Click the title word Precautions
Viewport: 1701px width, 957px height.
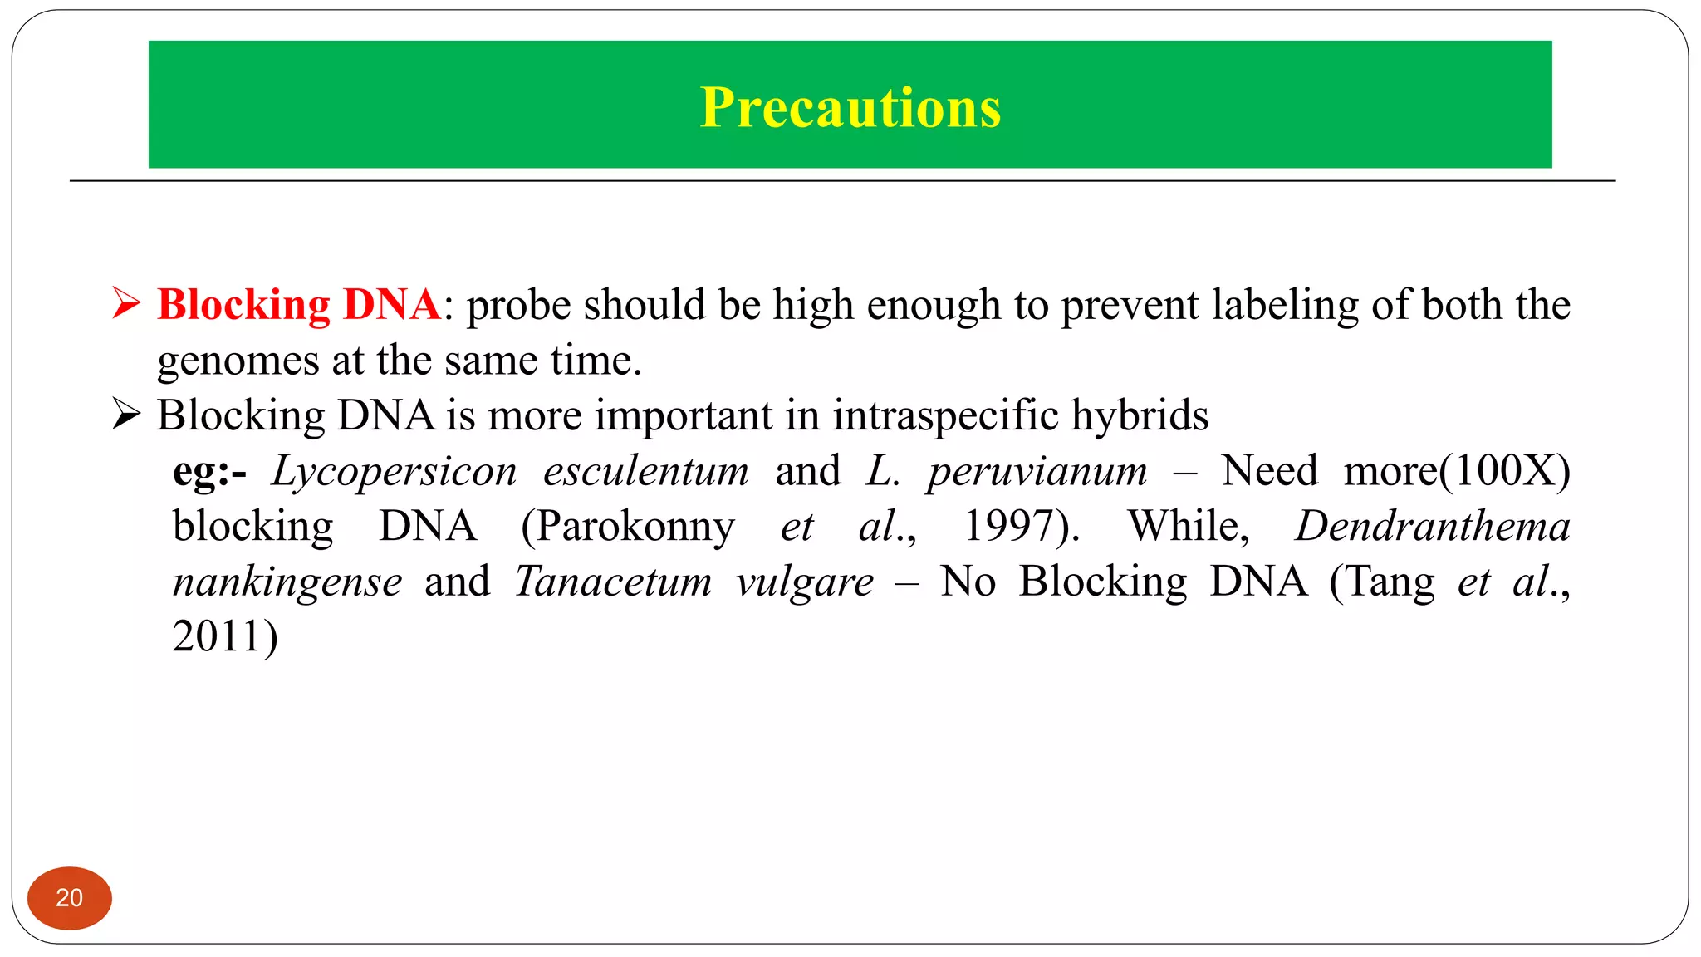click(x=850, y=107)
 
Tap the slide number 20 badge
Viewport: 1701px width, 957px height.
click(x=70, y=898)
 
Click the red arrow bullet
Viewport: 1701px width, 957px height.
click(x=126, y=303)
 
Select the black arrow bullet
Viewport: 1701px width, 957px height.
click(x=126, y=414)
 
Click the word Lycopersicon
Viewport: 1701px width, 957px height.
click(x=395, y=472)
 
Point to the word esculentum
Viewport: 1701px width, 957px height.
click(x=646, y=471)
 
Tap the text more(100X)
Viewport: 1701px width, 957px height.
click(x=1457, y=471)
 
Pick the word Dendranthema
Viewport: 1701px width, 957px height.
click(x=1433, y=526)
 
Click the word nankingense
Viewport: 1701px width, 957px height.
click(x=287, y=582)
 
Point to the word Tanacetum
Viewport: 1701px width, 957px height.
click(x=614, y=581)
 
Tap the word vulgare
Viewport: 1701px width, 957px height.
click(x=804, y=582)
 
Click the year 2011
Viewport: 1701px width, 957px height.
click(x=218, y=636)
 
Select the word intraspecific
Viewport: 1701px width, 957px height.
click(x=946, y=415)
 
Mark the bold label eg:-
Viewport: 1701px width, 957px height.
click(x=209, y=472)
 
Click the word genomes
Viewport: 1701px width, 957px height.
click(x=238, y=361)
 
